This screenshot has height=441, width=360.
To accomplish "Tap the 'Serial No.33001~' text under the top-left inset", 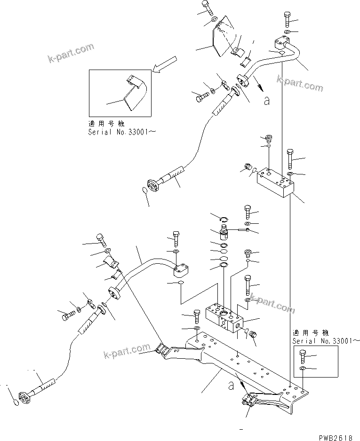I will coord(121,132).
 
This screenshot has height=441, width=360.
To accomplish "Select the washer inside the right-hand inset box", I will coord(303,370).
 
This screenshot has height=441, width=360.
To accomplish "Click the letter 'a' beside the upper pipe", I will coord(267,101).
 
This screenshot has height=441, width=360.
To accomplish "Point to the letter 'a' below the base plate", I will coord(230,385).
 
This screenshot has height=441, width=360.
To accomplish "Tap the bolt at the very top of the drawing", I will coord(208,7).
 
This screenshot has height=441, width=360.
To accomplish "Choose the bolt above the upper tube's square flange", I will coord(288,19).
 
